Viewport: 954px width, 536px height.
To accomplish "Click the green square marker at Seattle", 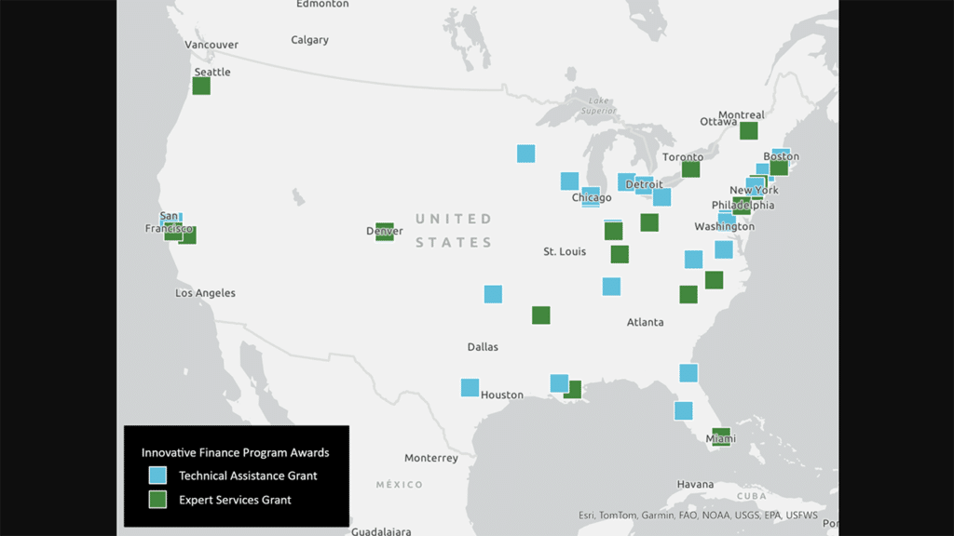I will point(201,86).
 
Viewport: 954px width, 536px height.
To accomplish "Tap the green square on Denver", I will point(385,231).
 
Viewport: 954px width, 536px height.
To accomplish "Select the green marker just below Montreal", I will point(749,130).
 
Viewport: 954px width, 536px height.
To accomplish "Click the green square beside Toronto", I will point(690,168).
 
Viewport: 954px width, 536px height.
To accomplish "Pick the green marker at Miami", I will point(720,436).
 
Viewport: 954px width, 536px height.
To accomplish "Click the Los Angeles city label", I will point(205,293).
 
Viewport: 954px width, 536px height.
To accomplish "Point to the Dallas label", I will point(483,347).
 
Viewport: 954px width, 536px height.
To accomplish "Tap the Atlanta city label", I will point(645,322).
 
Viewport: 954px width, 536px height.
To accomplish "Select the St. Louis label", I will point(565,252).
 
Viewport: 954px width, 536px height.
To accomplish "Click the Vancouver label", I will point(211,45).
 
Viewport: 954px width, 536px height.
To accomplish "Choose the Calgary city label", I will point(309,40).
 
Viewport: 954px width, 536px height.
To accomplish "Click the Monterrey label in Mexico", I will point(431,458).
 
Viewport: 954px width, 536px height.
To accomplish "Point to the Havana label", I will point(695,484).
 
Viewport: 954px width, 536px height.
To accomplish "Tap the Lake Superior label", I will point(599,106).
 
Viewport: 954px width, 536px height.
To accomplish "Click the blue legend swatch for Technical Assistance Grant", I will point(158,476).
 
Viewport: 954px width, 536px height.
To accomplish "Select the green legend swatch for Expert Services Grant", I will point(158,500).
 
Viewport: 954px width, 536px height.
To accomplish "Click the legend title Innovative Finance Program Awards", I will point(235,452).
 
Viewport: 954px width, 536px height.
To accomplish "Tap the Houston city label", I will point(502,395).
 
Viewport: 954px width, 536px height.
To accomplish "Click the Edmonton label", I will point(322,4).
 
